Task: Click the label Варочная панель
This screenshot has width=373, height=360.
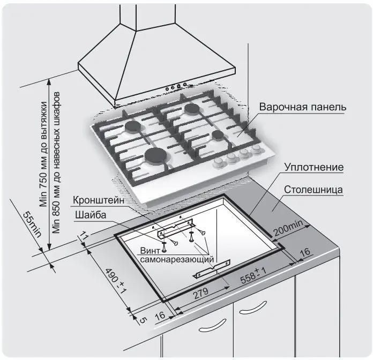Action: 303,107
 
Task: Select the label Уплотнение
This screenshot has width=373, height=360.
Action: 313,167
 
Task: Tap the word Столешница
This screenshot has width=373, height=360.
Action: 314,190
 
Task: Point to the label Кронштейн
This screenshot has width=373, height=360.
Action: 100,200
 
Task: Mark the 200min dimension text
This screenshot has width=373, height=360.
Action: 287,229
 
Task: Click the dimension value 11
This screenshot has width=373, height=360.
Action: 84,236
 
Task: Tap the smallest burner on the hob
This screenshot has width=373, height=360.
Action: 218,134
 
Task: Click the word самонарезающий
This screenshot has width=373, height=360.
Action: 177,260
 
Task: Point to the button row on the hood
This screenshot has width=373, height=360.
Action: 176,86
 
